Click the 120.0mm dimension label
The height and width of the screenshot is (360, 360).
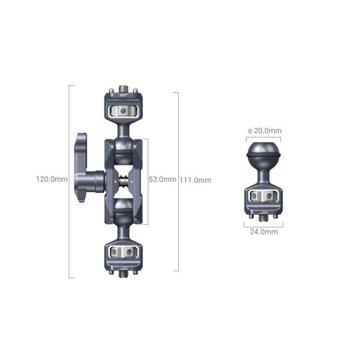pos(52,179)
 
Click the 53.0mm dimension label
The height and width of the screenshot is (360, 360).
pos(162,179)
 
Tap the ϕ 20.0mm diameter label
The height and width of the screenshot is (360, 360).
pos(265,131)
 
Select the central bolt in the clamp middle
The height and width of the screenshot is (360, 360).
pos(124,178)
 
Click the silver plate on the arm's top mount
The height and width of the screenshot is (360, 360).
pos(123,111)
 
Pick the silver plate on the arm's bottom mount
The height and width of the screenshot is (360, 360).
pos(123,249)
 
